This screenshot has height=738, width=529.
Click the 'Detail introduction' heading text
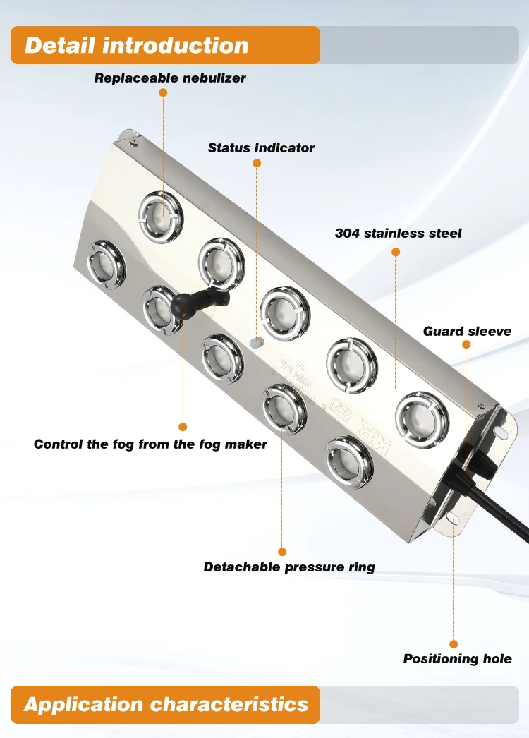137,46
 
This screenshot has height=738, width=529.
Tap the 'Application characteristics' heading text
166,704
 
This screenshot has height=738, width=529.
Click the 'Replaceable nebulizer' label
170,78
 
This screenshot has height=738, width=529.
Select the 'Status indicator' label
261,148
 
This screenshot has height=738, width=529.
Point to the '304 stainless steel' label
399,233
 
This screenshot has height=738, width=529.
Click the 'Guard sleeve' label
467,331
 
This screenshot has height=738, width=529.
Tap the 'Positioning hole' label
457,659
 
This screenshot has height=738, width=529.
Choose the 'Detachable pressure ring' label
289,567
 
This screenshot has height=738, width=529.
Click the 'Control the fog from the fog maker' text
150,444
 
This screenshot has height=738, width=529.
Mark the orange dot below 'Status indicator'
257,163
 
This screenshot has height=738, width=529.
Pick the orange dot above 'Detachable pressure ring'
282,552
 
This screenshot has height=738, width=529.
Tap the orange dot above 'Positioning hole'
454,644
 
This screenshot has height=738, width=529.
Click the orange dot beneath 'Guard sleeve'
466,344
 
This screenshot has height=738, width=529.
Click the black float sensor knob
179,305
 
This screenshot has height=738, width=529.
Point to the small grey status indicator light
257,343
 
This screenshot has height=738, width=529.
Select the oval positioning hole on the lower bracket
451,521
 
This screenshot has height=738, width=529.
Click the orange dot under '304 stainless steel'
395,250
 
